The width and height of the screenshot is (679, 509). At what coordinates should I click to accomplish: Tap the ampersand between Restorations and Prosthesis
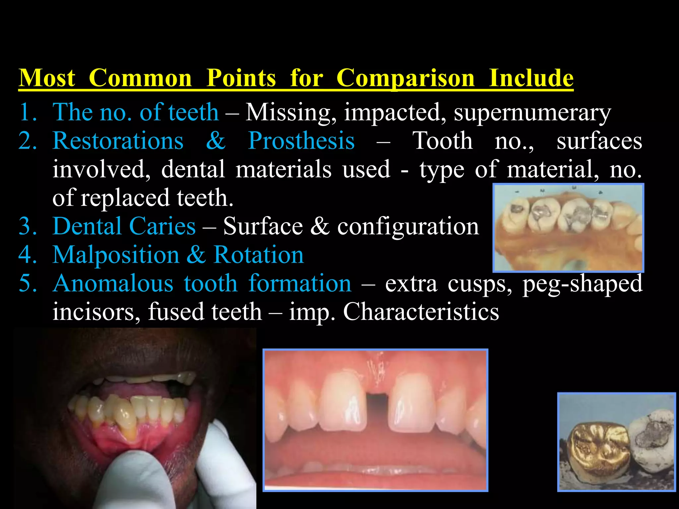216,141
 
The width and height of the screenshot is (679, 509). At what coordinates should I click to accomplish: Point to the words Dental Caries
124,226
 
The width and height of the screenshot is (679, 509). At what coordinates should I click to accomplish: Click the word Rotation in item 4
258,255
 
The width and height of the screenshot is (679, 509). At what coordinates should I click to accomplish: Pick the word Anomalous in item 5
113,284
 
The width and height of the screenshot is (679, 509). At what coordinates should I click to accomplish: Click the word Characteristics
421,312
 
